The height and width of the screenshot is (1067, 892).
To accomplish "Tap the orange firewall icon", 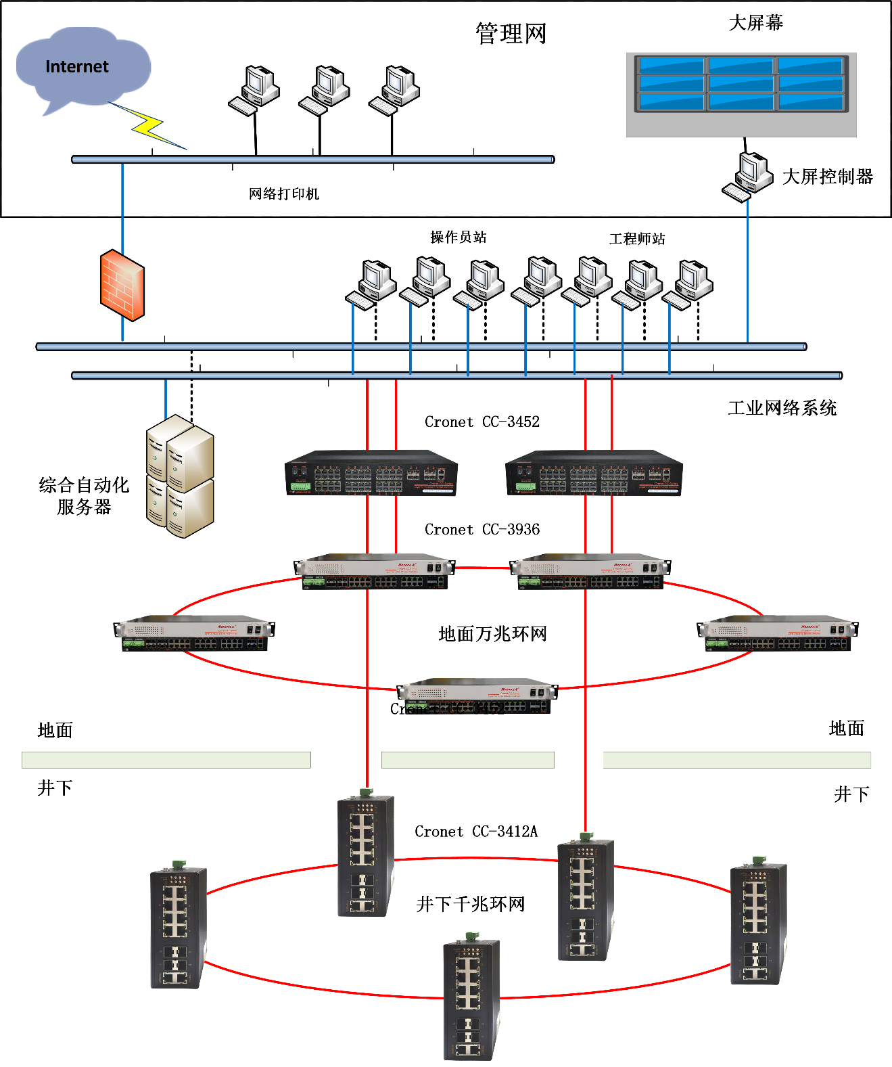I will click(x=122, y=285).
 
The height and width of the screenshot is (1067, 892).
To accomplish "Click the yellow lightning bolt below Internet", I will click(x=149, y=125).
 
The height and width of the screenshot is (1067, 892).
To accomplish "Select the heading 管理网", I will click(x=511, y=33).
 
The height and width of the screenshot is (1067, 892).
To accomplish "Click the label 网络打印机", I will click(x=283, y=194).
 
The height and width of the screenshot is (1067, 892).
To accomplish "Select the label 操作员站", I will click(x=459, y=237).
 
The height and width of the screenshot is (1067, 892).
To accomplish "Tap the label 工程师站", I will click(x=637, y=239).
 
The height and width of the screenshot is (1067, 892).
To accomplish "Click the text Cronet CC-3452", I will click(x=482, y=422).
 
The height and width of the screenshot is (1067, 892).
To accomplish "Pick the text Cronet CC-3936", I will click(x=482, y=530).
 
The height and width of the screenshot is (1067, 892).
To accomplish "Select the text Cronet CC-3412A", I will click(x=476, y=832).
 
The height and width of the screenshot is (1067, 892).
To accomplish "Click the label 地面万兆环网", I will click(x=492, y=634).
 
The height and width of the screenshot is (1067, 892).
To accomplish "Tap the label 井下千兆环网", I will click(x=471, y=905).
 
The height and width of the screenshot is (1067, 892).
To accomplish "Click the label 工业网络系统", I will click(x=782, y=408).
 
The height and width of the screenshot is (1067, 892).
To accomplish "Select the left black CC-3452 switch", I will click(x=371, y=473).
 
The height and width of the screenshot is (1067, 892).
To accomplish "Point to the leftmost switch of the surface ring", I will click(x=193, y=633).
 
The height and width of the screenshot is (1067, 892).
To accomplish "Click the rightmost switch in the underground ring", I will click(x=758, y=922).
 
